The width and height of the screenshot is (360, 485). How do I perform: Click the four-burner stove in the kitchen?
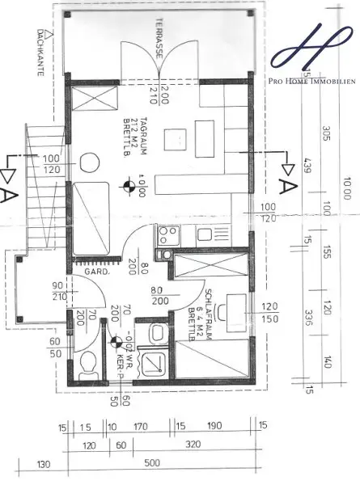click(x=167, y=236)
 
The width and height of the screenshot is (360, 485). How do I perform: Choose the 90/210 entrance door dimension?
click(x=57, y=291)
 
